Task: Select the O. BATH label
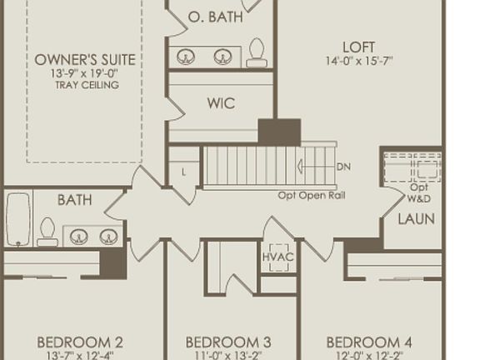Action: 216,17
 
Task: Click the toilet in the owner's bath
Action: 257,52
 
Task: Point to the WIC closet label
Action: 220,104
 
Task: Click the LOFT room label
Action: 358,47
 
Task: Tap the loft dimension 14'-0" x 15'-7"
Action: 359,61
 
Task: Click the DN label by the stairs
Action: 343,167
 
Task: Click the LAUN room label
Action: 416,219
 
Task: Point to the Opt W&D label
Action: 418,194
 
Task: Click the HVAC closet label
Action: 277,257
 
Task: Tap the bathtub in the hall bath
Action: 18,219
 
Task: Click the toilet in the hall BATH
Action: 47,231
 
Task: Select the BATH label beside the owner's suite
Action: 75,200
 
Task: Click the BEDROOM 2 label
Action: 80,342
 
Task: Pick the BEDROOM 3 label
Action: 227,342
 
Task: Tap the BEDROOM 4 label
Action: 368,342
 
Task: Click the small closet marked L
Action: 184,172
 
